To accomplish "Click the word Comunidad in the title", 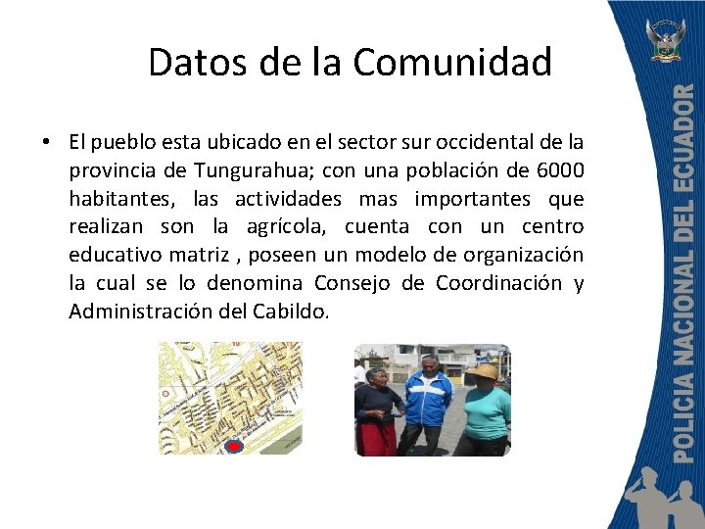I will point(452,62).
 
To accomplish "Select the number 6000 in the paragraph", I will point(560,170).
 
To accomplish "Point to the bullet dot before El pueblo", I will point(47,143).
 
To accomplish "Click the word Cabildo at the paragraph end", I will point(294,312).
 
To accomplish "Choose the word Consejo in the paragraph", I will point(356,283).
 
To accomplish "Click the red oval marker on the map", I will point(233,447).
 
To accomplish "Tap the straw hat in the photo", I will point(482,371).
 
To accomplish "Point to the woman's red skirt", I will point(377,438).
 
